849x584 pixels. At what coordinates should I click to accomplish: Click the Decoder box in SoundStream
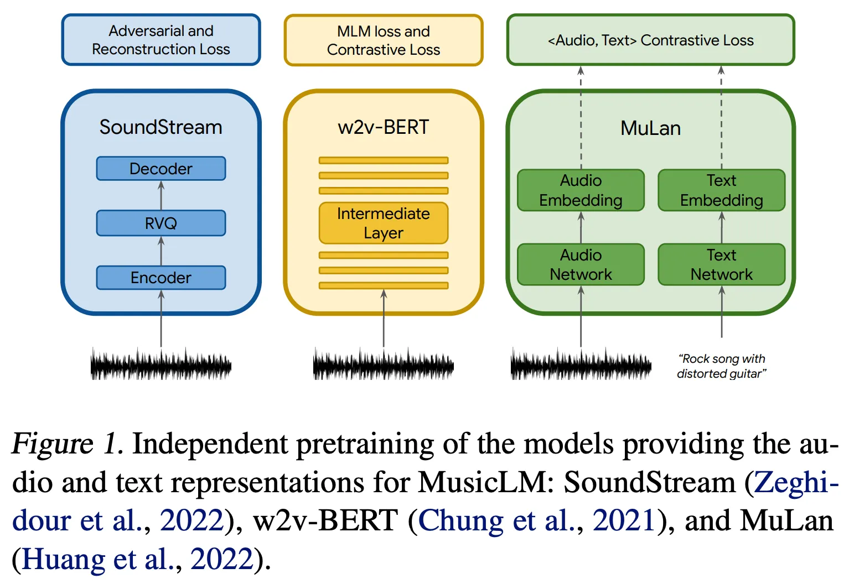(161, 169)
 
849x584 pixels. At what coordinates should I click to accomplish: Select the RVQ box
(161, 223)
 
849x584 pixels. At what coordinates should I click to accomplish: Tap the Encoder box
(161, 278)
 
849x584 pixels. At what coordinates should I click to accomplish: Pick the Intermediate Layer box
(384, 223)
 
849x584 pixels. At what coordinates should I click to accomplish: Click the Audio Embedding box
(581, 190)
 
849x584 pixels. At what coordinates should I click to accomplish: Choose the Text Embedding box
(721, 190)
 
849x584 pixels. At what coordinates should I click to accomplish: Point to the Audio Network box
(581, 265)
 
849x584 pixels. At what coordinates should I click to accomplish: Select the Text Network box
(721, 265)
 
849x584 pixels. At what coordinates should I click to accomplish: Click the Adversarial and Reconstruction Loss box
(161, 40)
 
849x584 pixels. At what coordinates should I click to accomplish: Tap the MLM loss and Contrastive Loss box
(384, 40)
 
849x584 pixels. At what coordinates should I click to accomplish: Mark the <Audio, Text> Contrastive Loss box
(650, 40)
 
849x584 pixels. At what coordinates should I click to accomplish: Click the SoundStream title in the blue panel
(161, 127)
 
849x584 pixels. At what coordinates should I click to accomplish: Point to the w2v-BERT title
(384, 127)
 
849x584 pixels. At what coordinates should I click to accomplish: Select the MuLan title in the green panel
(650, 128)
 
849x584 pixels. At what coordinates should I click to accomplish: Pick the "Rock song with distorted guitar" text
(722, 366)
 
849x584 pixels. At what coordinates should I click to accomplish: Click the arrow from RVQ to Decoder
(161, 195)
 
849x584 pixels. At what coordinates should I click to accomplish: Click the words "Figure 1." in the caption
(66, 444)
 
